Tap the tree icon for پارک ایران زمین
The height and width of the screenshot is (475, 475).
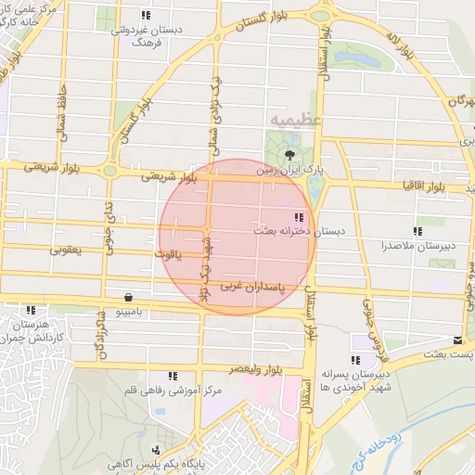[x=291, y=155]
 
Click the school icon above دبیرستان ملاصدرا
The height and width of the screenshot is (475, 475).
[x=417, y=230]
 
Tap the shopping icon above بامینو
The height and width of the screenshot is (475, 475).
[x=126, y=297]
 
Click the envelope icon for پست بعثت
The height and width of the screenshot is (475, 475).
[x=456, y=340]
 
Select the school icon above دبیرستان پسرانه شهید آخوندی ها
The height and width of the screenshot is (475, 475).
[x=355, y=359]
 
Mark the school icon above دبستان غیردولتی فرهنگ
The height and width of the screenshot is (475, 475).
[x=145, y=16]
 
